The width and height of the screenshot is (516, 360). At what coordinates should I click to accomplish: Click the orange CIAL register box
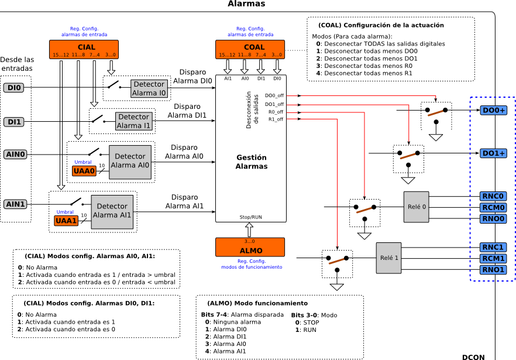tap(84, 49)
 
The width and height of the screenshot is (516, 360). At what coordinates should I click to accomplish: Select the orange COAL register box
tap(250, 49)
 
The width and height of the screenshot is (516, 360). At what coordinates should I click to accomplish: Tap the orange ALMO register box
tap(250, 247)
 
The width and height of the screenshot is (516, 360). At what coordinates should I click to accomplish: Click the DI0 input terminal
tap(13, 88)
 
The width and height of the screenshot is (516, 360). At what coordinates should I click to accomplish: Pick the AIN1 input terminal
tap(15, 204)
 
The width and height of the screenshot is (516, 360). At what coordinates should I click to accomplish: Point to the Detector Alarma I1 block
tap(133, 121)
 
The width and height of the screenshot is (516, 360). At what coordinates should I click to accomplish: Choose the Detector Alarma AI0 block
tap(130, 160)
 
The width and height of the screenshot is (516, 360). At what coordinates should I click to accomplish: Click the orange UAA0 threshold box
tap(84, 171)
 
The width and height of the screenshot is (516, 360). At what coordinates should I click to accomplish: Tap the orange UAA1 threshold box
tap(66, 221)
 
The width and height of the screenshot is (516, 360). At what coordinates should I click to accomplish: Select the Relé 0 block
tap(416, 207)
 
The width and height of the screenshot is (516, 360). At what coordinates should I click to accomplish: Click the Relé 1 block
tap(388, 258)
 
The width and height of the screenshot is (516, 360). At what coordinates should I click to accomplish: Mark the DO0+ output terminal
tap(493, 110)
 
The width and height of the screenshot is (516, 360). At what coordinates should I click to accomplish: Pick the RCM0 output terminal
tap(493, 207)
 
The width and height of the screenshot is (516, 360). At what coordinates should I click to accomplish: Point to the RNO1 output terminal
tap(493, 269)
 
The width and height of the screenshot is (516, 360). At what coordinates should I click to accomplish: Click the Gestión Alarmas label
tap(251, 162)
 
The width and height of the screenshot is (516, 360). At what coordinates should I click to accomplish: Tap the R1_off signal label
tap(276, 119)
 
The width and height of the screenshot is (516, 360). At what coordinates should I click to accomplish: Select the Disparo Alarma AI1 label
tap(184, 201)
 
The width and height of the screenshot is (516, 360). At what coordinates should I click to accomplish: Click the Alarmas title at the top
tap(246, 4)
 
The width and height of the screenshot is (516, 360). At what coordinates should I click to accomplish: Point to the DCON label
tap(473, 356)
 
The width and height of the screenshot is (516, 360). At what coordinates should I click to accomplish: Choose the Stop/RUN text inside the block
tap(251, 217)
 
